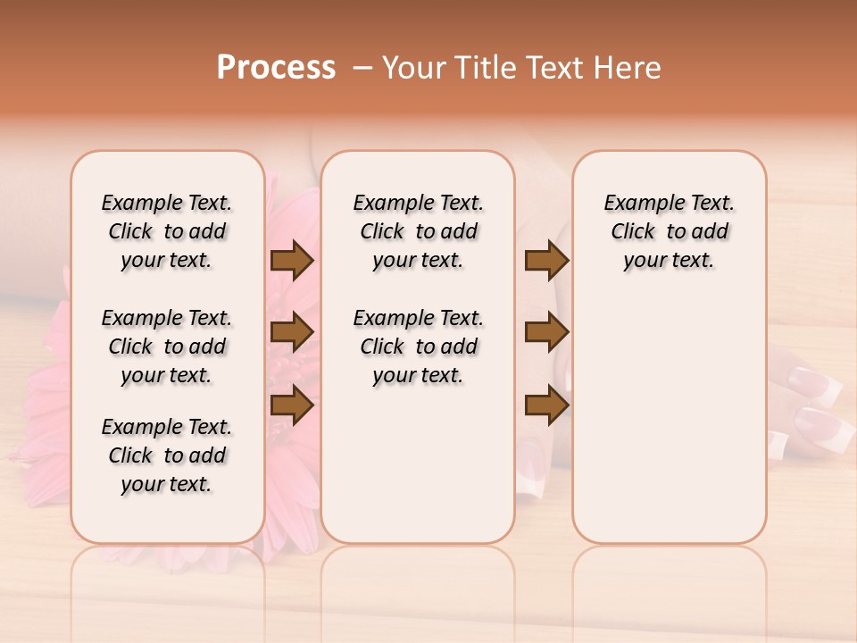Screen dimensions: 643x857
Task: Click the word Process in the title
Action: point(276,68)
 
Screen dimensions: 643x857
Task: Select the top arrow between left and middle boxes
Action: point(292,260)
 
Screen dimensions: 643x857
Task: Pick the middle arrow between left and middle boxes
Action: point(292,332)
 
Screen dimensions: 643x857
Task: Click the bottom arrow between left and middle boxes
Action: point(292,405)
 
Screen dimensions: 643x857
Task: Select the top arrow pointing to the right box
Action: point(546,260)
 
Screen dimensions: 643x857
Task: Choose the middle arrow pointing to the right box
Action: point(546,332)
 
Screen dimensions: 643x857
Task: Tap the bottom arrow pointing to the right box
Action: point(546,405)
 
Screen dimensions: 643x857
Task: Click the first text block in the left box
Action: point(167,231)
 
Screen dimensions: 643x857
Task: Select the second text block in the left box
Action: point(167,347)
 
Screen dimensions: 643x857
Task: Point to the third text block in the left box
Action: point(167,455)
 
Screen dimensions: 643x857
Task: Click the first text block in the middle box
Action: point(418,231)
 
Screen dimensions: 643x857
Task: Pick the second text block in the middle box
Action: point(418,347)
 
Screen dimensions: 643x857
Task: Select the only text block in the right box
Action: point(670,231)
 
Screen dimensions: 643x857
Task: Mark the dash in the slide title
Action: point(362,68)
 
